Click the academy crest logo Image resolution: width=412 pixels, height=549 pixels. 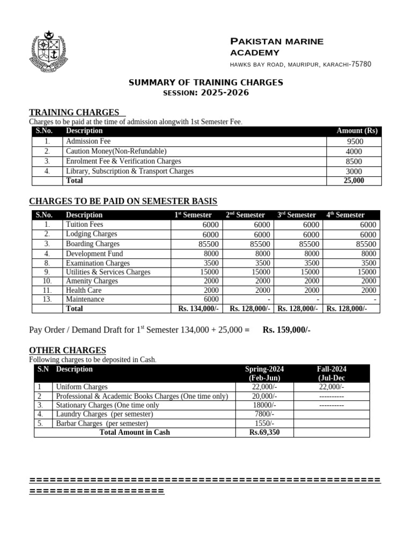pos(50,53)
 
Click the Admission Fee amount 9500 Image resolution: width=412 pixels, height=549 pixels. pos(354,142)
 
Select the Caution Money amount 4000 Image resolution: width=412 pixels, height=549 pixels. pos(354,152)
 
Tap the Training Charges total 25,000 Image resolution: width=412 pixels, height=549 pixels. pos(354,181)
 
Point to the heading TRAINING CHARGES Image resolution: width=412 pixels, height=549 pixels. pos(74,112)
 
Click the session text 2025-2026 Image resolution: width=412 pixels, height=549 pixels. pos(225,92)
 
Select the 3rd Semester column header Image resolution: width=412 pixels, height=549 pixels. pos(297,214)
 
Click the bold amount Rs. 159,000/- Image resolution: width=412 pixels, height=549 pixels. pos(286,330)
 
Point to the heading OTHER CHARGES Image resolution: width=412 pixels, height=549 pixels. pos(68,350)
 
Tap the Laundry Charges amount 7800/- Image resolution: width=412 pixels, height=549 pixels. pos(264,414)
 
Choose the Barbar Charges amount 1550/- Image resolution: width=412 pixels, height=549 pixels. pos(264,424)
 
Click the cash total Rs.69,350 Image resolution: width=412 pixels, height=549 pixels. pos(264,432)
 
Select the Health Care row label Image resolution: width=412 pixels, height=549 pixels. pos(83,290)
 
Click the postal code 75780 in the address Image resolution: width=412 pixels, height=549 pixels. pos(360,64)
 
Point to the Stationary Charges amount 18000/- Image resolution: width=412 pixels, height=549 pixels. pos(264,405)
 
